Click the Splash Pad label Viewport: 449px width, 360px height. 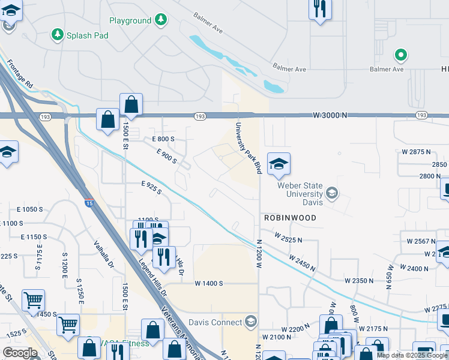(88, 35)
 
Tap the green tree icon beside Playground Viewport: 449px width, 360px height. (160, 20)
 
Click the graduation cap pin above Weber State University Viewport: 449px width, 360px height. (279, 164)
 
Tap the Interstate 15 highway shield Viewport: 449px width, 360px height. (88, 203)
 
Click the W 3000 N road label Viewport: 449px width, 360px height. (330, 115)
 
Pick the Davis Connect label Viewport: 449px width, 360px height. (214, 322)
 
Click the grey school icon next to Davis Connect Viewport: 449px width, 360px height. (250, 322)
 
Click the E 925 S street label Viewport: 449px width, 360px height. (151, 188)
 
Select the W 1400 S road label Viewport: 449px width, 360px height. (208, 283)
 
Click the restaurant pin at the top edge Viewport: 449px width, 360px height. (319, 9)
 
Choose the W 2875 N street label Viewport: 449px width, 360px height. (417, 152)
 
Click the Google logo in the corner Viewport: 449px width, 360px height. (20, 353)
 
